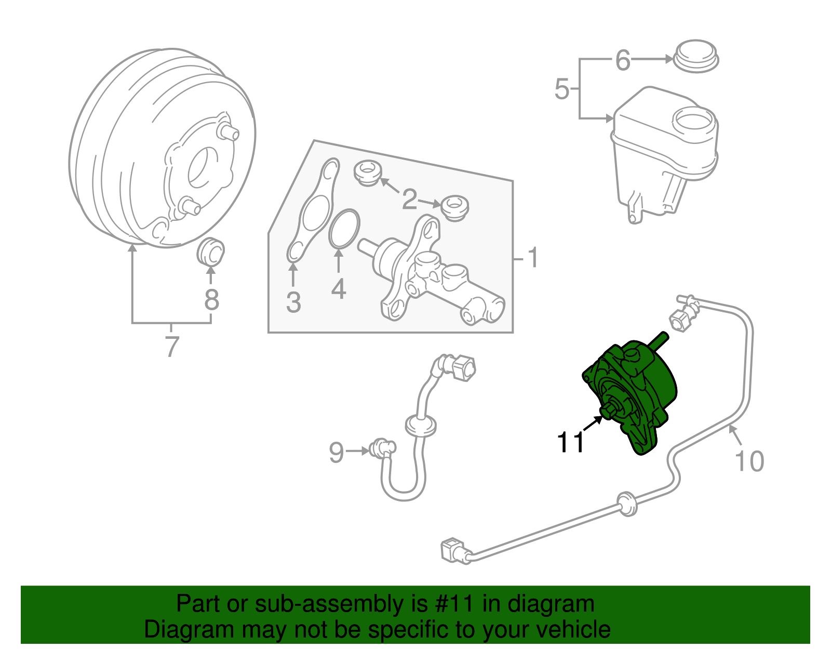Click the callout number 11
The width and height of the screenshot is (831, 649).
[570, 443]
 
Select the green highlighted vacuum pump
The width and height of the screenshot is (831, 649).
[631, 395]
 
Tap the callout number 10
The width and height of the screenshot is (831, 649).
[749, 461]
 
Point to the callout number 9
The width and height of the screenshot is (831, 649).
[337, 453]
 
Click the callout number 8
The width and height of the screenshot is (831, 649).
[211, 300]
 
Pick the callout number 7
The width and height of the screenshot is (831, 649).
[172, 346]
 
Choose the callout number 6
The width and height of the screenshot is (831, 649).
[623, 60]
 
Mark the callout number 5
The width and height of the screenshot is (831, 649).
[562, 89]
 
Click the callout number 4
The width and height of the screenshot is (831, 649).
[338, 289]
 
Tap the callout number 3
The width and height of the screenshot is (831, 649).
[293, 302]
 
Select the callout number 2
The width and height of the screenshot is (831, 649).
[409, 200]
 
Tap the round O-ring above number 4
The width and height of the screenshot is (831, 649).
[344, 228]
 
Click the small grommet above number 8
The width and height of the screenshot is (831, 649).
[211, 251]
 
